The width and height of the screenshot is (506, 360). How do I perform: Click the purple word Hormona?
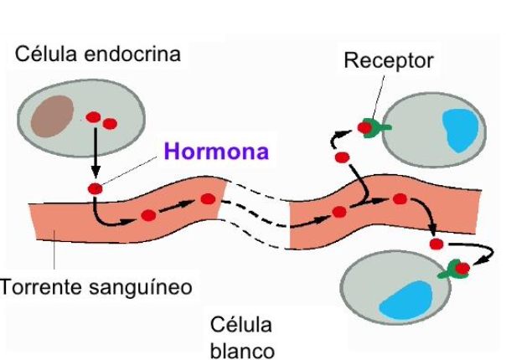(216, 152)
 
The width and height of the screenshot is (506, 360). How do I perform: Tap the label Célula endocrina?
(98, 55)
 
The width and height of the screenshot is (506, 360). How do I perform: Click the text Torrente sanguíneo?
(96, 287)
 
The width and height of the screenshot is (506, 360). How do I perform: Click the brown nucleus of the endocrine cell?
(52, 116)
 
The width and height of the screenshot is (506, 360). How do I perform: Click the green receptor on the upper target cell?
(378, 128)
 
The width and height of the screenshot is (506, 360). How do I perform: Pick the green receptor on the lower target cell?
(452, 269)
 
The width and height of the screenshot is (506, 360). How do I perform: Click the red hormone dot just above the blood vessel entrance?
(95, 188)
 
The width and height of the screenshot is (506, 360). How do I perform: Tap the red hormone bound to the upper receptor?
(364, 127)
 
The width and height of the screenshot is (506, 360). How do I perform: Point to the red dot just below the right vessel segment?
(436, 244)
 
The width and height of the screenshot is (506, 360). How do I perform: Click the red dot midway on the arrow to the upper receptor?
(341, 157)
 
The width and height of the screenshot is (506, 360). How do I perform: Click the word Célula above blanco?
(241, 324)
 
